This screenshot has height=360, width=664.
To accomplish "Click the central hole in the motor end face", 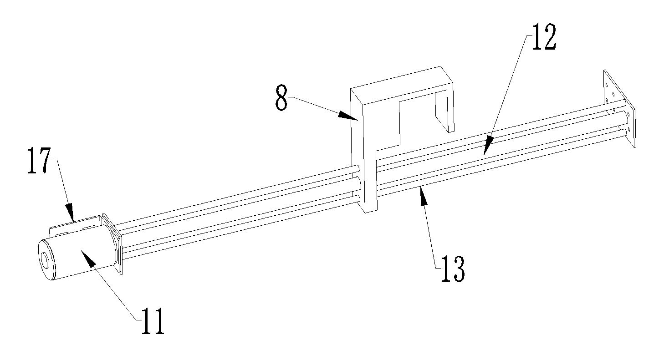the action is [45, 259].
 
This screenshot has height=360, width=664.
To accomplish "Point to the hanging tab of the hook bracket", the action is [444, 112].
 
